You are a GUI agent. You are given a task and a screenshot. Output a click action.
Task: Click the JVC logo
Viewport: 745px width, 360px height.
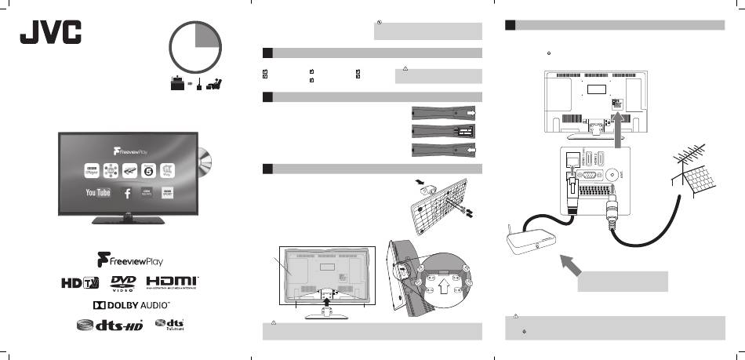coord(50,35)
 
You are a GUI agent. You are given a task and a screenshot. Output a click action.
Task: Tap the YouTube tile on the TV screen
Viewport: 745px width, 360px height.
coord(97,191)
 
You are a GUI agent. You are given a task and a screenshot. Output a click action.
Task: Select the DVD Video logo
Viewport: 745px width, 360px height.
coord(124,282)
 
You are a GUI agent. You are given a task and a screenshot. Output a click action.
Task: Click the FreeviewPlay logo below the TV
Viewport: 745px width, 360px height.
coord(129,259)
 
